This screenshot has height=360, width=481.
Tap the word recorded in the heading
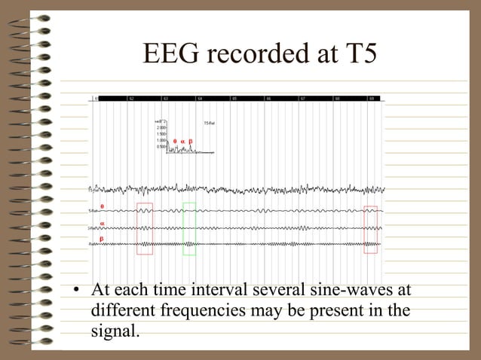click(258, 53)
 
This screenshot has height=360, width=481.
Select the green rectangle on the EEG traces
click(189, 228)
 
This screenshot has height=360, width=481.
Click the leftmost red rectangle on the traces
click(145, 228)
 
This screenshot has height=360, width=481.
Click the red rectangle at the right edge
click(370, 229)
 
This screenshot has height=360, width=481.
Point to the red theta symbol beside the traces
click(103, 206)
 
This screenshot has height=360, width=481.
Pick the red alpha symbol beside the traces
click(103, 221)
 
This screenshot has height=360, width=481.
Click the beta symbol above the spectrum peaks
click(190, 141)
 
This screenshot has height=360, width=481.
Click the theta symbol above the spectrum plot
click(175, 141)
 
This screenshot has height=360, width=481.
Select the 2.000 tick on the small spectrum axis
click(161, 128)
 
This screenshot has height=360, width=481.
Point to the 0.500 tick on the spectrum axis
click(161, 146)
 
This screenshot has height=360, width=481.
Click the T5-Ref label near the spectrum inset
click(210, 123)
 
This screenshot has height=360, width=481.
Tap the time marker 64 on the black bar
click(200, 99)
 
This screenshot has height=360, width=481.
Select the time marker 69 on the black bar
click(372, 99)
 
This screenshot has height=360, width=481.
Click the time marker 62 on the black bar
click(131, 99)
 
